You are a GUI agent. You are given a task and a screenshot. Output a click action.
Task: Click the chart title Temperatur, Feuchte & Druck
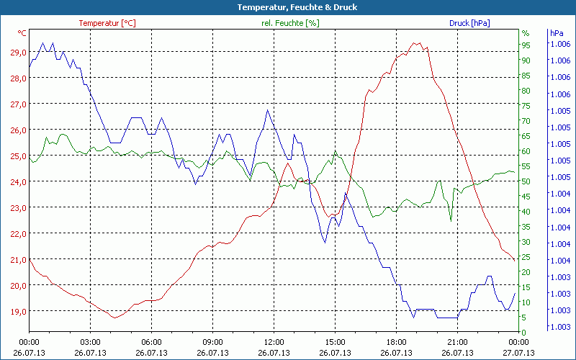click(x=287, y=7)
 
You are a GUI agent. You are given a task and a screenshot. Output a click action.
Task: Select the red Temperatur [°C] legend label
click(x=107, y=23)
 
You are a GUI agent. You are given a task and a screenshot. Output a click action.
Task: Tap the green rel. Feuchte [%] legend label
click(x=290, y=23)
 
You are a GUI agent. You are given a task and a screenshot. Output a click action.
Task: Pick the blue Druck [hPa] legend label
click(x=469, y=23)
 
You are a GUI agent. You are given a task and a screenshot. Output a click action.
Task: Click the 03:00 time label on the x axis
click(x=90, y=342)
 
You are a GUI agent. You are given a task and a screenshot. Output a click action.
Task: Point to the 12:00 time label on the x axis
click(x=274, y=342)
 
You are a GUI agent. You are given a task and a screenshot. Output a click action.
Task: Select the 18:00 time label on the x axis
click(x=397, y=342)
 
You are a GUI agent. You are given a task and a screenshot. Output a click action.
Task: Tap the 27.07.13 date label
click(x=519, y=353)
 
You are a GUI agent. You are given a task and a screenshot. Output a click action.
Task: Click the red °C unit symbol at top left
click(x=22, y=33)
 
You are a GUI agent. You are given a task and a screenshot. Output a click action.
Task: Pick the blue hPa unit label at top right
click(x=556, y=33)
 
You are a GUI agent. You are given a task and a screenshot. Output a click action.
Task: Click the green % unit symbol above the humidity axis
click(x=525, y=33)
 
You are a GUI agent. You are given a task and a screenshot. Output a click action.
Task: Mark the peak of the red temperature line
click(x=415, y=42)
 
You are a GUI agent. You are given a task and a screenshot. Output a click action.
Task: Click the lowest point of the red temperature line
click(x=114, y=318)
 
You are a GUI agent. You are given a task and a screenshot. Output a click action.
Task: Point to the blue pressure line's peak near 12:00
click(x=267, y=110)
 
